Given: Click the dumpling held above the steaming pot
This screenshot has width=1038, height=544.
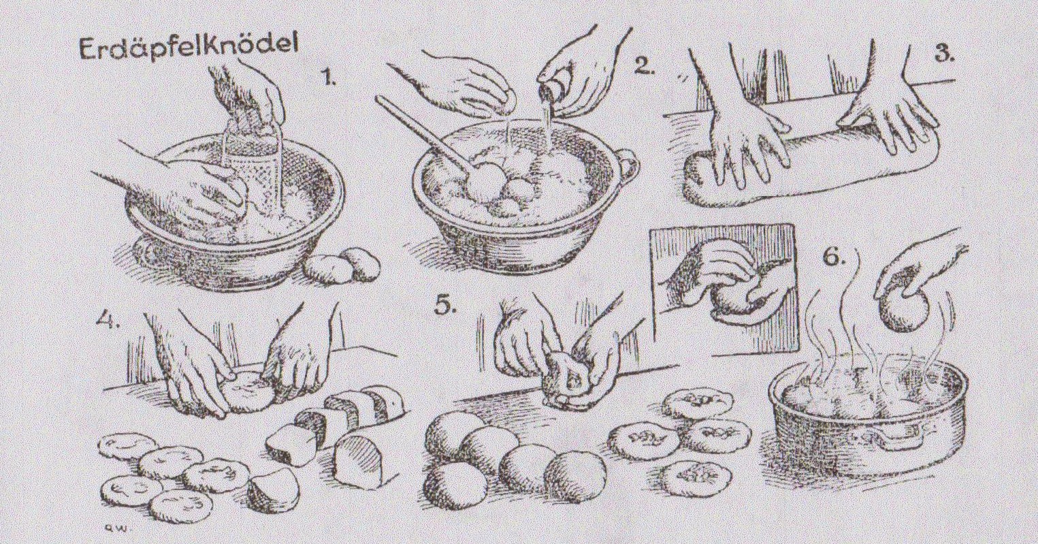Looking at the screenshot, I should [903, 310].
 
